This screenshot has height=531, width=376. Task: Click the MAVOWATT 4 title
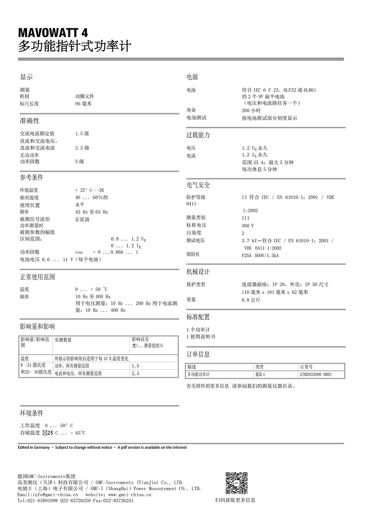53,33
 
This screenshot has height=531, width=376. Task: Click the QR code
236,483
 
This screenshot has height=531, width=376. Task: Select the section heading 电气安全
198,185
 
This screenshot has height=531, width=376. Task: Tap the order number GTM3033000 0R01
315,374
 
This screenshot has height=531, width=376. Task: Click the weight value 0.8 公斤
251,300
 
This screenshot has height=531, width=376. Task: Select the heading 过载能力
198,135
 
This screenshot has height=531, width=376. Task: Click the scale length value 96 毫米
83,104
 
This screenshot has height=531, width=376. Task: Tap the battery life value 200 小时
251,111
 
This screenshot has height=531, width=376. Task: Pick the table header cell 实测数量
63,340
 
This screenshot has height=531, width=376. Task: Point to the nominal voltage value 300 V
248,225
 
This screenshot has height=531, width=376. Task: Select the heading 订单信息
198,354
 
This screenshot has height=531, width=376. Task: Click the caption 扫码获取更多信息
235,500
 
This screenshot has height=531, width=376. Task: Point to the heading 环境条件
32,413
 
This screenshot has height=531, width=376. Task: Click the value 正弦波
82,219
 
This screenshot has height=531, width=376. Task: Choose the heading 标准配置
198,317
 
